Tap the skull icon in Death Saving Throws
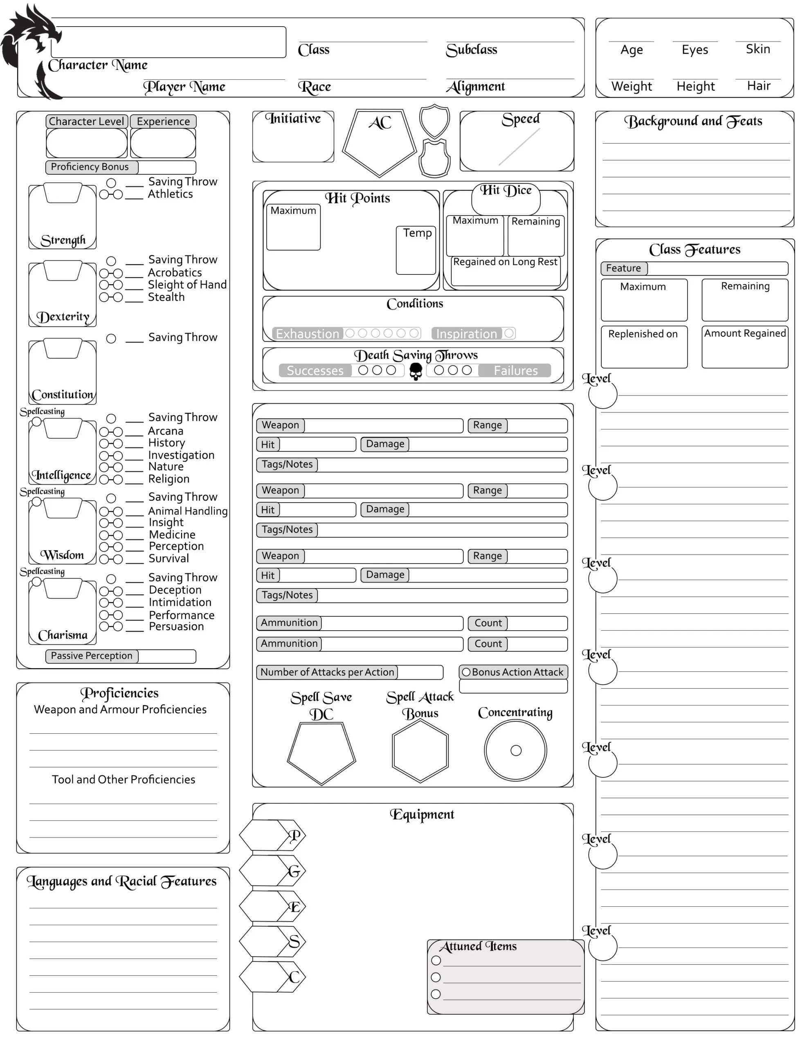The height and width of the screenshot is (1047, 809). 415,371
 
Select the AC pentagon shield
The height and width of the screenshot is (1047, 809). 379,142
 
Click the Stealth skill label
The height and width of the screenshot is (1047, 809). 166,297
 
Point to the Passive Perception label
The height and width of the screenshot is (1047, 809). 92,656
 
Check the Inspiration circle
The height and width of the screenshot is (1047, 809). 509,333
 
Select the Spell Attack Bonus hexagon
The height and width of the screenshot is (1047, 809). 420,751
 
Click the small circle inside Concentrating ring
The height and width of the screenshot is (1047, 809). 515,751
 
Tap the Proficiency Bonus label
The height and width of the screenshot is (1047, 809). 90,167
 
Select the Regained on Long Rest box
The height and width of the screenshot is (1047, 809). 505,272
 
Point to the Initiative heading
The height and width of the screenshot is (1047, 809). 293,119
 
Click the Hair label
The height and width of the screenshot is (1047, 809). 758,86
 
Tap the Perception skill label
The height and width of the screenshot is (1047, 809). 176,546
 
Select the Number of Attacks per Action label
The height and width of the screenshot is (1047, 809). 327,672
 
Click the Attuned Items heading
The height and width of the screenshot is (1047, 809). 478,946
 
